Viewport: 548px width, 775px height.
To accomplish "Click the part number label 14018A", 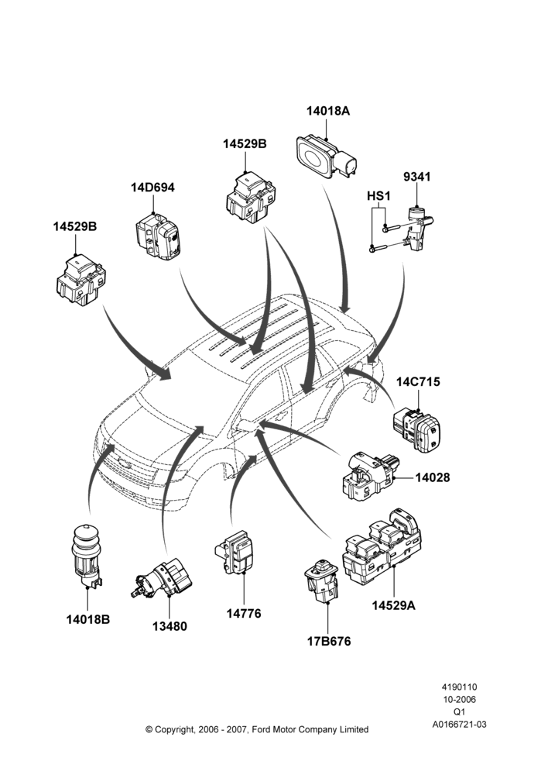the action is [x=328, y=111].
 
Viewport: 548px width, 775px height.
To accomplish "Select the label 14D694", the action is [x=152, y=188].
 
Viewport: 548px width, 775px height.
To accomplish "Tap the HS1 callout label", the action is [x=378, y=196].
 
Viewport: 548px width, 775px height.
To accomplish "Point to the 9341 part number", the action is [x=416, y=177].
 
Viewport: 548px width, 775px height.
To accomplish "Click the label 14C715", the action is [x=418, y=382].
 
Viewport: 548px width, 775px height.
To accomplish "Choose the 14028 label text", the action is [x=433, y=477].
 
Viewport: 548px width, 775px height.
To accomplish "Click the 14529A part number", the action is [x=393, y=605].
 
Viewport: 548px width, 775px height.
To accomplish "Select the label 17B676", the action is [x=329, y=642].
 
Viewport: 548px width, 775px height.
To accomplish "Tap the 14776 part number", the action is [x=244, y=613].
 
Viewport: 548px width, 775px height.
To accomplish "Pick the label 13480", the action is [x=170, y=626].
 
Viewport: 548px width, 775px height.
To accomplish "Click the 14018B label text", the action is [x=88, y=619].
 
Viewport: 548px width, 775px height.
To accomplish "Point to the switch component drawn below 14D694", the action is [x=157, y=236].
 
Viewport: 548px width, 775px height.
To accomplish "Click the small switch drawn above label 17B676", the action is [x=323, y=580].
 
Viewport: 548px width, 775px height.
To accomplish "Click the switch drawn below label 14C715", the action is [x=416, y=428].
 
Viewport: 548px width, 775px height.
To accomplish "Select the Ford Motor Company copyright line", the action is [x=257, y=729].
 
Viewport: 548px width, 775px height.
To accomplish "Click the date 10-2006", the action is [x=459, y=700].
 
